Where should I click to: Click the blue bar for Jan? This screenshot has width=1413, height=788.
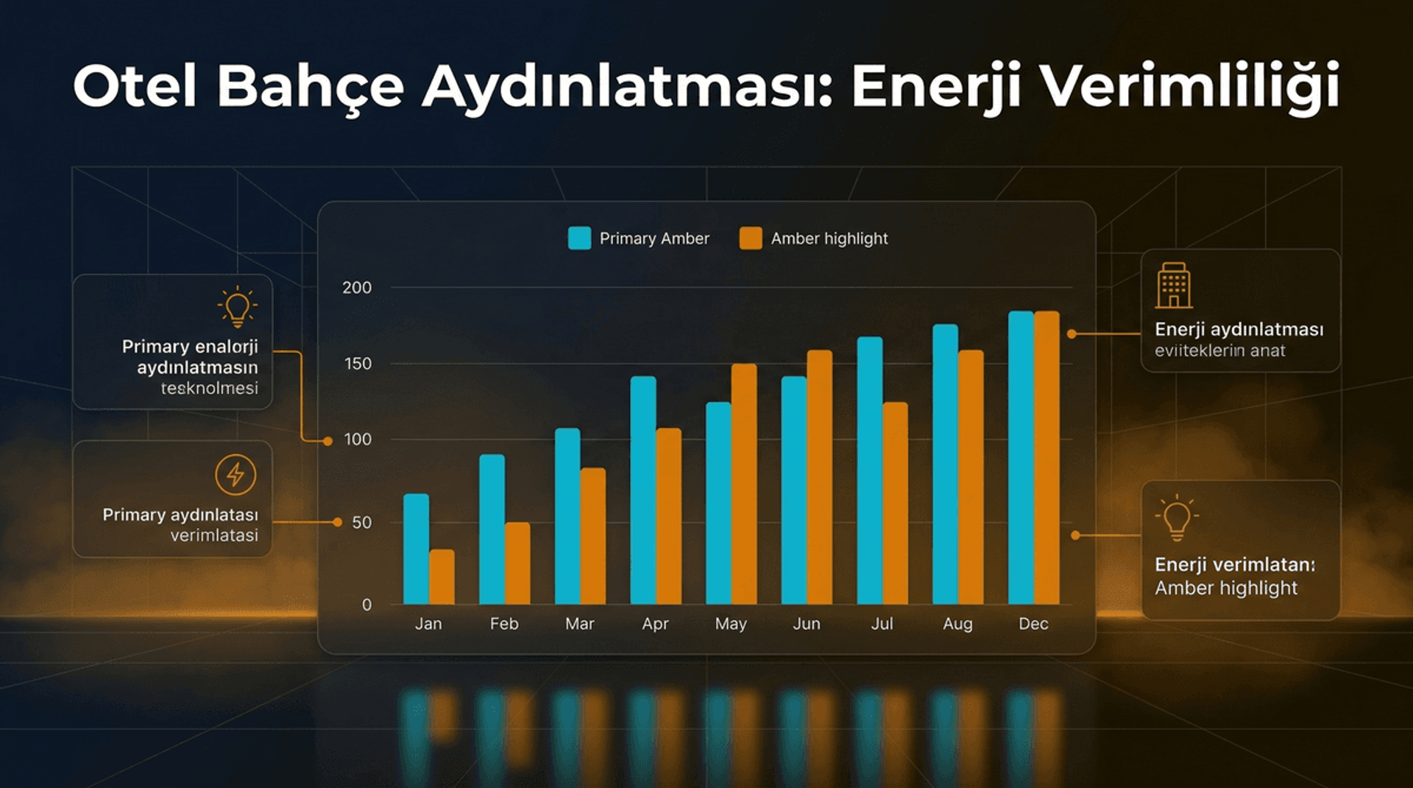416,549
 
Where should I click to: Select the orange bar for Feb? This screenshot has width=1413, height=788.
517,563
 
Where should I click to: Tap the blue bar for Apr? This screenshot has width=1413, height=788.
643,490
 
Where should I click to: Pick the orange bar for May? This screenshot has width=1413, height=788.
744,484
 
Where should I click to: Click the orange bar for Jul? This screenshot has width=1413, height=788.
895,503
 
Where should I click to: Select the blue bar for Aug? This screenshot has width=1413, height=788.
945,464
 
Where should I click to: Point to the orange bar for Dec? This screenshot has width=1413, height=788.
1047,457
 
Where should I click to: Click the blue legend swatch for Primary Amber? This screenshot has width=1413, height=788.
579,239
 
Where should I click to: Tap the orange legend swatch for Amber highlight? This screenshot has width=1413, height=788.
751,239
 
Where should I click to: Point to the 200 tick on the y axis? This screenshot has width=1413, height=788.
357,288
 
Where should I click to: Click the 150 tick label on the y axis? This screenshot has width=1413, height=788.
358,364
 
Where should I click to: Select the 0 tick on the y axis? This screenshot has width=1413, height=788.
366,605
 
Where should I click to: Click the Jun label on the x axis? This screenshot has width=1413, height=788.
807,624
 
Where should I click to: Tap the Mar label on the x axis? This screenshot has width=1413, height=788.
579,624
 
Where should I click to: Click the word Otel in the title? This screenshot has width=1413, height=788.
135,86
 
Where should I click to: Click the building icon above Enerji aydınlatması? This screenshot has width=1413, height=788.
1174,285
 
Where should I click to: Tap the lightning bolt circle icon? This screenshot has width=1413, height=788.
235,474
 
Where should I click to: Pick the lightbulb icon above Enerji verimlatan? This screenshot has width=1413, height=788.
1176,517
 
